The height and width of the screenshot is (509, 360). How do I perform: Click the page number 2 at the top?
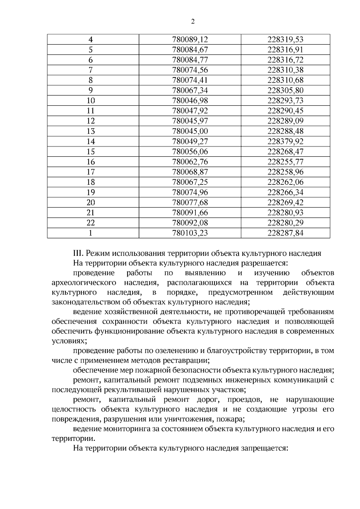193,22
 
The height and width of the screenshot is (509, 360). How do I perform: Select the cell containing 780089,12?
190,40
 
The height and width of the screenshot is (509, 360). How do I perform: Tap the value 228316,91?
285,50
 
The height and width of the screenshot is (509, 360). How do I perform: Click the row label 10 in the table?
91,101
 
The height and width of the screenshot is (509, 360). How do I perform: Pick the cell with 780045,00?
190,131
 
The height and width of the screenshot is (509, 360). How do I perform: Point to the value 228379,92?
285,142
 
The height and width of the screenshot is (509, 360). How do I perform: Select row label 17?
91,172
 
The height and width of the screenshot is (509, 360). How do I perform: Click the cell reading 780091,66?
190,213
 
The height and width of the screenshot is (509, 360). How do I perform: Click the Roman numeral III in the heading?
78,253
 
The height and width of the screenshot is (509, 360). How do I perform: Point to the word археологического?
84,283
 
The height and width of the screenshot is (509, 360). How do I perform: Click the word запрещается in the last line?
264,448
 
